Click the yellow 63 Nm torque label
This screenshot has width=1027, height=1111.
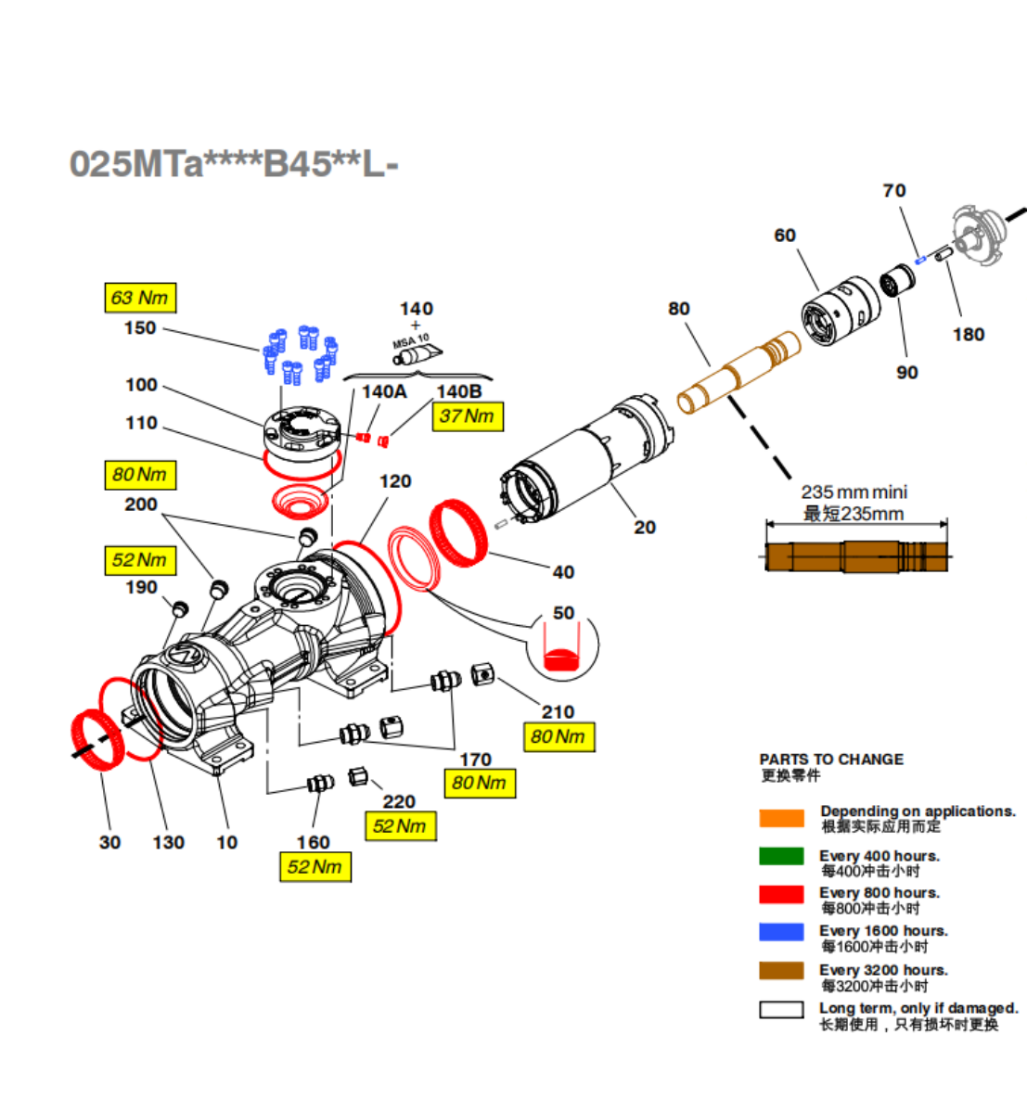pyautogui.click(x=139, y=298)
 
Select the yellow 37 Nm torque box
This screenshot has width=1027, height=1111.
pyautogui.click(x=467, y=416)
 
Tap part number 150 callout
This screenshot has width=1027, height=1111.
pyautogui.click(x=140, y=328)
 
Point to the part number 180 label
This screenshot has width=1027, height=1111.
pyautogui.click(x=968, y=335)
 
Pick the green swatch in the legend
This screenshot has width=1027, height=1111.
pyautogui.click(x=781, y=856)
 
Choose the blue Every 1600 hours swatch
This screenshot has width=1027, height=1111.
pyautogui.click(x=781, y=931)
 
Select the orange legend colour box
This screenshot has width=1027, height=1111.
pyautogui.click(x=781, y=818)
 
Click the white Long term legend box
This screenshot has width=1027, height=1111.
pyautogui.click(x=781, y=1009)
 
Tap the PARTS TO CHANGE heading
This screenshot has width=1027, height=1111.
pyautogui.click(x=831, y=760)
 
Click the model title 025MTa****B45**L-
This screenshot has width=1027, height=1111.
pyautogui.click(x=234, y=165)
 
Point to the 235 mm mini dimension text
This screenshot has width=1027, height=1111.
pyautogui.click(x=854, y=492)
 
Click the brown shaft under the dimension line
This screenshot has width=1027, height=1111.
pyautogui.click(x=855, y=557)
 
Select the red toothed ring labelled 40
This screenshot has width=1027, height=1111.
pyautogui.click(x=459, y=531)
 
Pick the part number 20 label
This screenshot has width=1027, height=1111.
pyautogui.click(x=644, y=528)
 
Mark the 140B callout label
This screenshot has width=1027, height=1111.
pyautogui.click(x=458, y=392)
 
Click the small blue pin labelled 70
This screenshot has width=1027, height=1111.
pyautogui.click(x=920, y=261)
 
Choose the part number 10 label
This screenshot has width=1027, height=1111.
pyautogui.click(x=226, y=842)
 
